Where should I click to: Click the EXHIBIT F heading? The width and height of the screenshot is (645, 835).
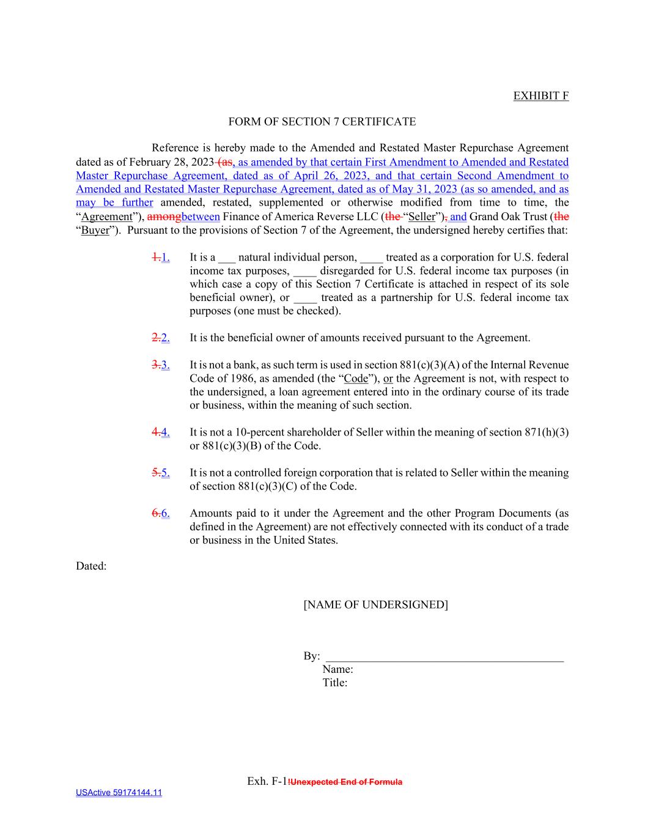pyautogui.click(x=540, y=95)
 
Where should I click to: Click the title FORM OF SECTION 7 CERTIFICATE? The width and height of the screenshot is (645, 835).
pyautogui.click(x=322, y=122)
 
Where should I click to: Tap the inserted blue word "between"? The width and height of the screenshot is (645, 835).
pyautogui.click(x=201, y=217)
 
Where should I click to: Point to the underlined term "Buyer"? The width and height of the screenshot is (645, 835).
pyautogui.click(x=95, y=230)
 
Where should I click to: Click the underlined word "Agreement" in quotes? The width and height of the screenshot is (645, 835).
pyautogui.click(x=107, y=217)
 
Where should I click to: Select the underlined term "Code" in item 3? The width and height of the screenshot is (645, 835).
pyautogui.click(x=356, y=379)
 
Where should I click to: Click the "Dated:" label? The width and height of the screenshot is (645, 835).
pyautogui.click(x=91, y=566)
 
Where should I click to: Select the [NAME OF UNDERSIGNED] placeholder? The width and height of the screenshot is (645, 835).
pyautogui.click(x=375, y=604)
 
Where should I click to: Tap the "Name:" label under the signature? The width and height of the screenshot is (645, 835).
pyautogui.click(x=337, y=669)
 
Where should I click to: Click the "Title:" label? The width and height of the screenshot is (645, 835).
pyautogui.click(x=334, y=683)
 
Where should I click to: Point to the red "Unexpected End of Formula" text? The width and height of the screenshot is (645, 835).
pyautogui.click(x=345, y=782)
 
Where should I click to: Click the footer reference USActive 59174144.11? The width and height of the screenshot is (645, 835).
pyautogui.click(x=119, y=793)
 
